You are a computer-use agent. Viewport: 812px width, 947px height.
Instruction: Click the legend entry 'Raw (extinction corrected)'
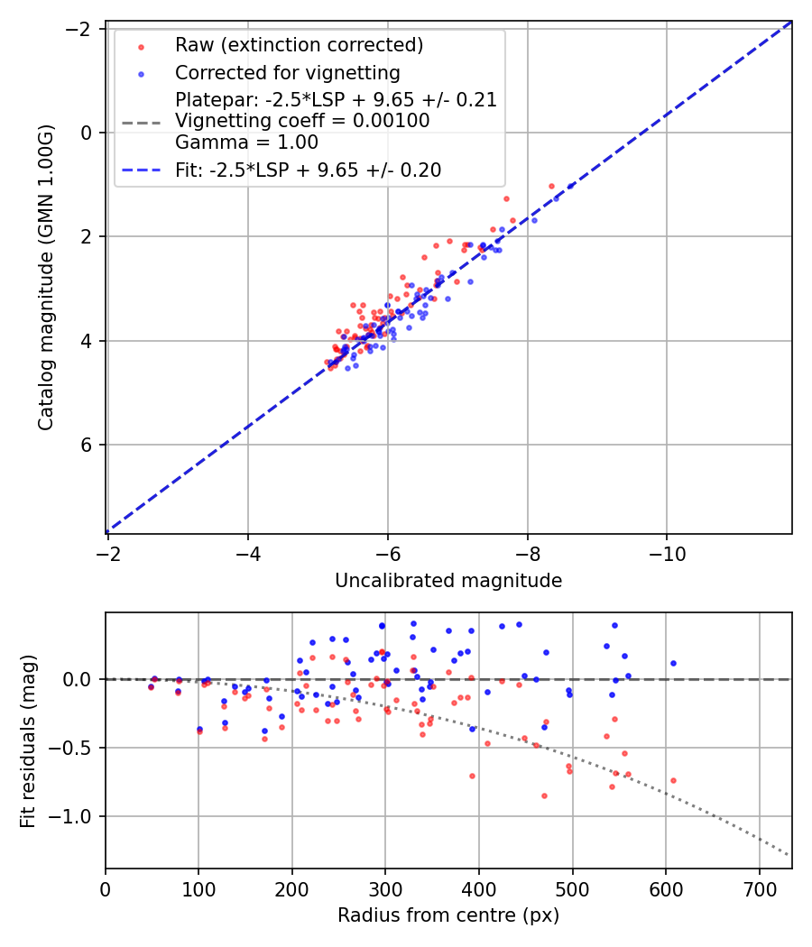(x=299, y=45)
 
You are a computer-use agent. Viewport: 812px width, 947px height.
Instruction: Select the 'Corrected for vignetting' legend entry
(x=288, y=72)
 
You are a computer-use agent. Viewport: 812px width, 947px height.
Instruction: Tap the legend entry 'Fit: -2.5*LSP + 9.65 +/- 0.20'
(x=309, y=170)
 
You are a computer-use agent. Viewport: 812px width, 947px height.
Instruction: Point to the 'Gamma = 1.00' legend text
(x=246, y=142)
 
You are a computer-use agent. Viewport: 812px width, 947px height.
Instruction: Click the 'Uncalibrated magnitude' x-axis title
(x=448, y=581)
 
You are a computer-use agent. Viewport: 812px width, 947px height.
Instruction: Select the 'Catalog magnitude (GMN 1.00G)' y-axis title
(x=47, y=277)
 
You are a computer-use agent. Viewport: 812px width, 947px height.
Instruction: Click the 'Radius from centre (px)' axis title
(x=448, y=915)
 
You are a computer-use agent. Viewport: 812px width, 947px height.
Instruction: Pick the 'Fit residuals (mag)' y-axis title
(x=28, y=740)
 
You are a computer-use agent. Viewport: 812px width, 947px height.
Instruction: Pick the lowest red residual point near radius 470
(x=544, y=795)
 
